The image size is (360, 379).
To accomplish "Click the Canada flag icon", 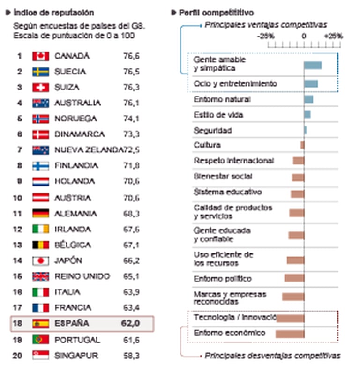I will tap(41, 56).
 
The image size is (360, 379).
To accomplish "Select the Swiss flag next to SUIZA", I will tap(41, 88).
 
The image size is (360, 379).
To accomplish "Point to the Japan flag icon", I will tap(41, 261).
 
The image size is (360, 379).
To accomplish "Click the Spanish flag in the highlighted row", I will tap(41, 324).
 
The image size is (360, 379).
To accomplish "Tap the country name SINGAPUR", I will tap(76, 356).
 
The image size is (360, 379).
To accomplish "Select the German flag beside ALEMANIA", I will tap(41, 214).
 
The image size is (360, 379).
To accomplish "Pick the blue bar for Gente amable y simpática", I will tap(313, 65).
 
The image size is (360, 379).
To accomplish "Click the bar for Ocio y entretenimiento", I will tap(311, 84).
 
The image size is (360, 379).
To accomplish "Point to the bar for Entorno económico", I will tap(290, 334).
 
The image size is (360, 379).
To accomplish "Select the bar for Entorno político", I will tap(294, 278).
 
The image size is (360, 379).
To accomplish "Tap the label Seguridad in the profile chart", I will tap(212, 131).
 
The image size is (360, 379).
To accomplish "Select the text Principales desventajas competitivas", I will tap(272, 356).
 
